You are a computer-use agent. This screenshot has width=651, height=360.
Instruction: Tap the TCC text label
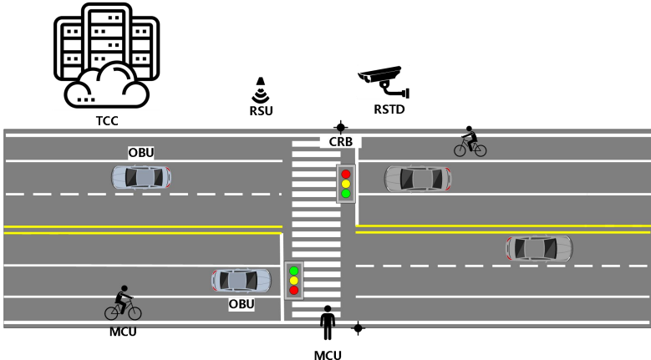coord(107,121)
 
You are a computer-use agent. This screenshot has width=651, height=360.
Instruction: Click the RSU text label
coord(262,109)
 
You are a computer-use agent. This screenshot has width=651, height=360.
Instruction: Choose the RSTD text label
coord(390,109)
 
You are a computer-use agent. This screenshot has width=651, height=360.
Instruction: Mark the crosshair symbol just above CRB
coord(340,125)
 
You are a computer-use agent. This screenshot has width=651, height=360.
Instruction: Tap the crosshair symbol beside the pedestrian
coord(358,328)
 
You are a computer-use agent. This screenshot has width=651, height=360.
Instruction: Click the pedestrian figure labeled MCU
coord(328,322)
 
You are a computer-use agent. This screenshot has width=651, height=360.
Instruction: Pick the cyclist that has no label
coord(470,142)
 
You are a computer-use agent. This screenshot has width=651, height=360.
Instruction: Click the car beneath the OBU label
coord(141,177)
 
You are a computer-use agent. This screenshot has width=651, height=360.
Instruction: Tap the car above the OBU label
coord(241,280)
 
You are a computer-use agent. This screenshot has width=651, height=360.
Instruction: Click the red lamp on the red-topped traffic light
coord(345,174)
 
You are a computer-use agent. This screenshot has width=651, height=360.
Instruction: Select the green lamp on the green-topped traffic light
coord(293,270)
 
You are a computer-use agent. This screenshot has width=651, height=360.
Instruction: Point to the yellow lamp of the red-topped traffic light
coord(345,184)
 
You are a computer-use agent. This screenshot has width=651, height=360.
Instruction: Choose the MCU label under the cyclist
coord(123,331)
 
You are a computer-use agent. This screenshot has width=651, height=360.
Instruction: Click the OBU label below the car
coord(242,304)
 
